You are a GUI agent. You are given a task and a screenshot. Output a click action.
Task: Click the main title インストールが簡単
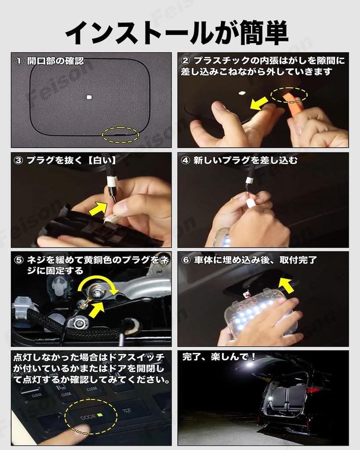177,33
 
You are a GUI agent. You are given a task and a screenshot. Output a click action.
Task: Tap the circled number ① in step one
19,61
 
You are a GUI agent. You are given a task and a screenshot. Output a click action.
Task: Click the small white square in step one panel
89,97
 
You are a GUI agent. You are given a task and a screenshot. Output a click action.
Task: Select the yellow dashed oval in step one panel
120,135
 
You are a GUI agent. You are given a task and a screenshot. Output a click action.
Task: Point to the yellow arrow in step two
260,103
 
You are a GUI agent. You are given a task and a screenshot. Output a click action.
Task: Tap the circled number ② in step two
185,61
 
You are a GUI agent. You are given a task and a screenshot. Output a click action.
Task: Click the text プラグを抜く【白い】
72,160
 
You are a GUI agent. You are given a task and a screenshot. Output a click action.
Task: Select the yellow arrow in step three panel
98,208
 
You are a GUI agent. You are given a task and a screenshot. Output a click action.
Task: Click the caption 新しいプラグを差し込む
245,160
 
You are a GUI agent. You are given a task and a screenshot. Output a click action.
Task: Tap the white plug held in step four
251,203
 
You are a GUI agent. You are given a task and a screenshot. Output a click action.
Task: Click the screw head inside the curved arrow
96,292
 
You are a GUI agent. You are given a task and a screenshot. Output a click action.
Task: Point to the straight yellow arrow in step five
97,309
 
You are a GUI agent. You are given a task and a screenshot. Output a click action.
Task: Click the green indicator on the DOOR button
100,415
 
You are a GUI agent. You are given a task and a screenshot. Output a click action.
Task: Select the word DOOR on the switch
88,417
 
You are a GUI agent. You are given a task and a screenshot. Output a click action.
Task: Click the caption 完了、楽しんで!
219,357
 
